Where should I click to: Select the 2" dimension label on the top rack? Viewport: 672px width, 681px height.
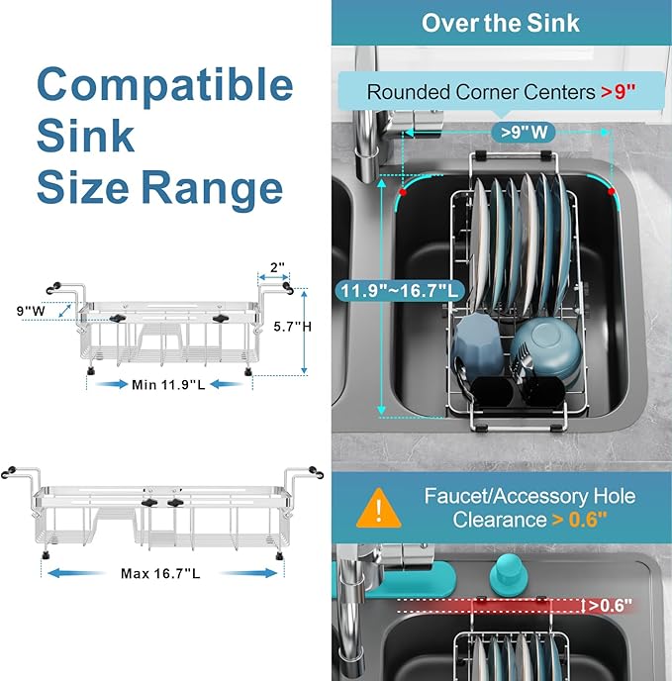click(277, 267)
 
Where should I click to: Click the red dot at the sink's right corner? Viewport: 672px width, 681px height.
click(612, 189)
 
